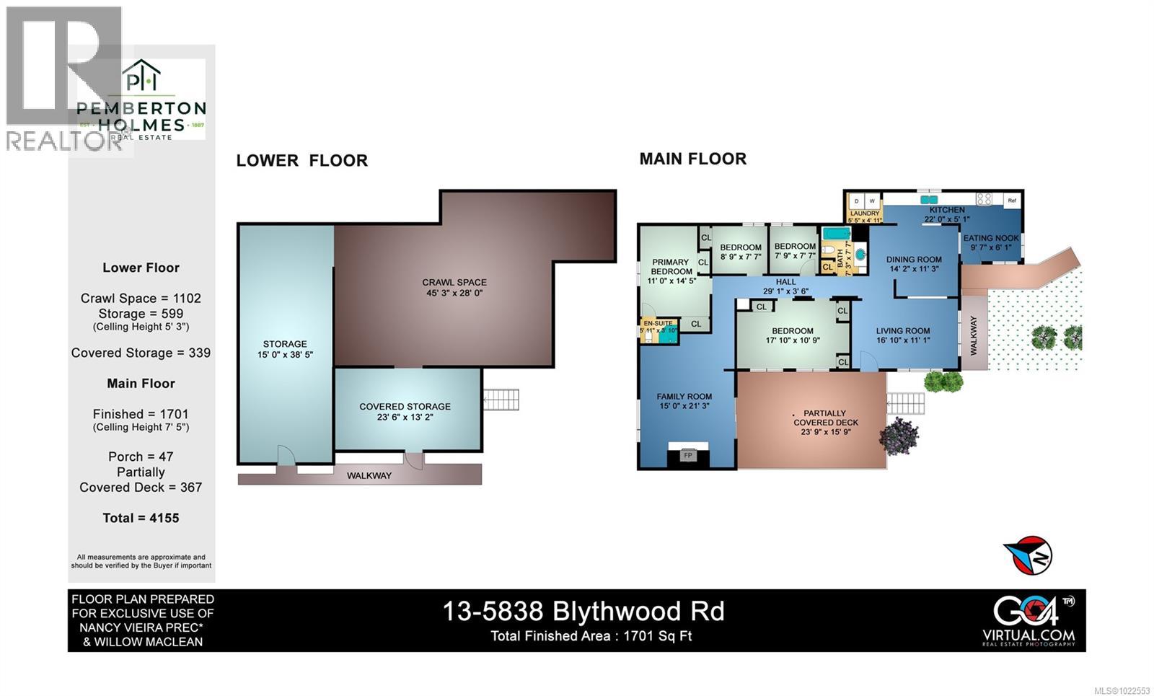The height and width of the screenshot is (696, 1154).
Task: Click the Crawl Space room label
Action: [454, 283]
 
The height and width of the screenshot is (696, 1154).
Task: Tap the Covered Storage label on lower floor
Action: [405, 407]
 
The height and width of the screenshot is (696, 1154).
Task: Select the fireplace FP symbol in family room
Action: [687, 456]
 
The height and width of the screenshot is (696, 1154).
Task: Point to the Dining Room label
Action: [914, 260]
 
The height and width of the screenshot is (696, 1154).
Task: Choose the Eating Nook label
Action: [991, 238]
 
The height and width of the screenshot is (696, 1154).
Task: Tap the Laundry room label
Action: [865, 213]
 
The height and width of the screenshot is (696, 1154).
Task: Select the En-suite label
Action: [658, 323]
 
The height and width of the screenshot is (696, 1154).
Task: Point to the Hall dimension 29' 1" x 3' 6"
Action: [785, 292]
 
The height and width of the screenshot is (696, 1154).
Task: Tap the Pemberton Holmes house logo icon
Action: [141, 78]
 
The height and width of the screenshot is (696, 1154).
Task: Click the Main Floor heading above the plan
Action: [692, 159]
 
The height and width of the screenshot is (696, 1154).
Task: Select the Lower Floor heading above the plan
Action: [301, 161]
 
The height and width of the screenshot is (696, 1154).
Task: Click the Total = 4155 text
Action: [141, 518]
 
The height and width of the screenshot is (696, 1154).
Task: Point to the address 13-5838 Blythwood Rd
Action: [583, 612]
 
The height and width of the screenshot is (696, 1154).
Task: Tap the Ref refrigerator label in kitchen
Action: [1012, 201]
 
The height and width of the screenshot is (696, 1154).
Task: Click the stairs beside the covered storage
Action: [501, 399]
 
